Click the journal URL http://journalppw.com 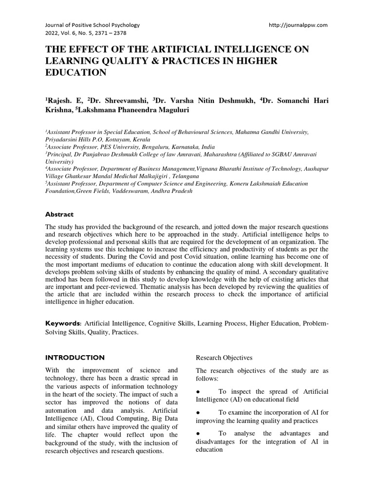298,24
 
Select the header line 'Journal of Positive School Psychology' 93,24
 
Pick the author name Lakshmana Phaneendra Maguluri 139,110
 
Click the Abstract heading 59,214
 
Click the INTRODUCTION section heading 75,357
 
